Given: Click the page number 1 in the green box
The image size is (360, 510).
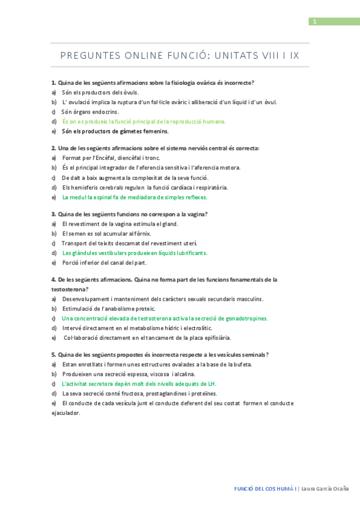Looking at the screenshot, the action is click(x=314, y=22).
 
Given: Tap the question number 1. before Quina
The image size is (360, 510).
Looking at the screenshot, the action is click(x=53, y=82).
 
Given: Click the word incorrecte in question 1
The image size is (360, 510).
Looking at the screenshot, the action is click(x=237, y=82).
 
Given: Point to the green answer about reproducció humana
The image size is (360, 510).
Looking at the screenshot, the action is click(x=144, y=121).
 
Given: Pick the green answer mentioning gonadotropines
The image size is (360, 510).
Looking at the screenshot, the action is click(x=165, y=318).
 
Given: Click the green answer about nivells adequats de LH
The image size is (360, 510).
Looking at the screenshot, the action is click(x=139, y=384).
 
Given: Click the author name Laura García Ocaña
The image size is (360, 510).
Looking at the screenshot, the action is click(x=325, y=488).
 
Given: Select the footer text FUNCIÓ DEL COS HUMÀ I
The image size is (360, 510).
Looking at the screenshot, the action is click(x=265, y=488).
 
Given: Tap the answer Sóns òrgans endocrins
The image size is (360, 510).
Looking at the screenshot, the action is click(x=90, y=111).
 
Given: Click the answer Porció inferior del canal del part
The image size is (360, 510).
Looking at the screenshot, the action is click(x=104, y=263).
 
